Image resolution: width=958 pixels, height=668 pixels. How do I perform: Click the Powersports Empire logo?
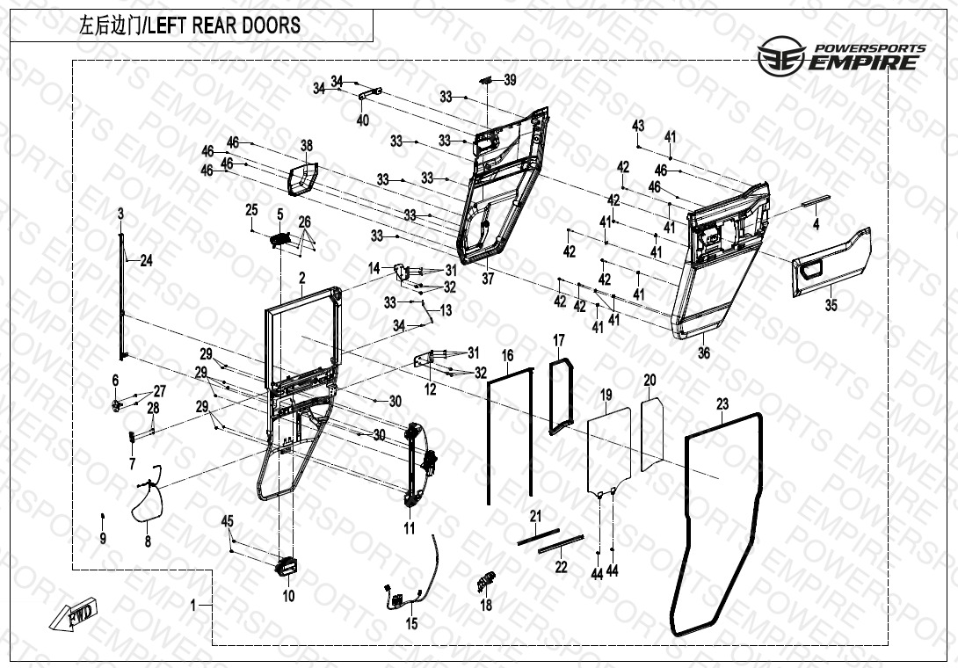(x=842, y=56)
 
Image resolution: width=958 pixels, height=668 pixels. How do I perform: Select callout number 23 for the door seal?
(x=722, y=405)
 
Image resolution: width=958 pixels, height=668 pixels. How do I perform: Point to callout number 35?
(x=831, y=305)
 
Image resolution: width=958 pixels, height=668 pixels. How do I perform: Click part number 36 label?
(x=703, y=352)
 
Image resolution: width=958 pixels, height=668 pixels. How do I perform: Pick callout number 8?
(x=148, y=542)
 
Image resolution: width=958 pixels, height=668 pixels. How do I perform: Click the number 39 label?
(x=510, y=80)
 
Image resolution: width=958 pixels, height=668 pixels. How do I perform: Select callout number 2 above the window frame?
(x=301, y=279)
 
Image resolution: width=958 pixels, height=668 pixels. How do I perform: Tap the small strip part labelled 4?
(x=814, y=200)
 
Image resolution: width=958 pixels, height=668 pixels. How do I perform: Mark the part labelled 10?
(x=287, y=567)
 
